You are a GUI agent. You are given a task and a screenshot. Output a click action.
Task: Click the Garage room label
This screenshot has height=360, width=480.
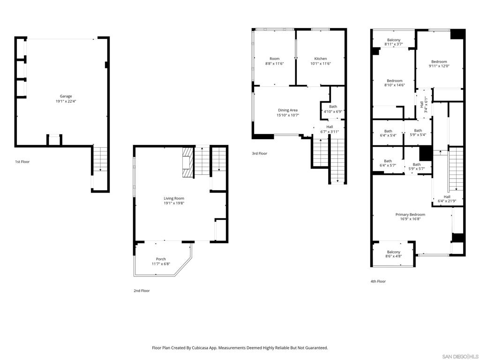click(x=66, y=96)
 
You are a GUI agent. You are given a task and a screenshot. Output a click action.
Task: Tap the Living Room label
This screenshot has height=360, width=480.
click(x=174, y=198)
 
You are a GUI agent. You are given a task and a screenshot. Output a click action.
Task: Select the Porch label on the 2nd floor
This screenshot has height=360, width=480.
click(x=161, y=259)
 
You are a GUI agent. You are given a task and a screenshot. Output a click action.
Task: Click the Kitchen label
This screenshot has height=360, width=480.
click(x=321, y=59)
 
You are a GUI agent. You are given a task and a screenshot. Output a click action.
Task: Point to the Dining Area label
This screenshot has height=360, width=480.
click(x=288, y=110)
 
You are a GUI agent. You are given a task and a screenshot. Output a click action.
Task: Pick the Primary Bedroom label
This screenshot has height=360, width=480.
click(x=410, y=215)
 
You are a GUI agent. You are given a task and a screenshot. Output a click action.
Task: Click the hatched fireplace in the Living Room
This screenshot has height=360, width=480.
click(x=188, y=162)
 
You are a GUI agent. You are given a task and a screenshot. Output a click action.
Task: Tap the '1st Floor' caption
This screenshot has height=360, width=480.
click(x=22, y=162)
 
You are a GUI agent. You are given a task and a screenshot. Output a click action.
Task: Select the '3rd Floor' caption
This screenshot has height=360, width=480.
click(x=260, y=153)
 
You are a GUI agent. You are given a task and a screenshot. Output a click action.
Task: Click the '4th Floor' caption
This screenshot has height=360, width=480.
click(x=378, y=281)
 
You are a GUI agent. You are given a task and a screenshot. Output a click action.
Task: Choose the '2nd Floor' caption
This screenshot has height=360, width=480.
click(x=142, y=291)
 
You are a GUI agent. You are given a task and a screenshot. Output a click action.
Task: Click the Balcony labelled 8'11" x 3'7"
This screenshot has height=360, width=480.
click(x=394, y=42)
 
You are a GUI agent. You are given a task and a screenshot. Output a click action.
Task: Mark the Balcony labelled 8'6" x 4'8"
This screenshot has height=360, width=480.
click(x=394, y=254)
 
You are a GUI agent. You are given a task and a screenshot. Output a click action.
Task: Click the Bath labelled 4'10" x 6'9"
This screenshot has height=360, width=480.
click(x=333, y=109)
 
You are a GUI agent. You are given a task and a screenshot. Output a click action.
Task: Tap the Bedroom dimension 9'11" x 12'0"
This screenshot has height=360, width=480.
click(x=439, y=66)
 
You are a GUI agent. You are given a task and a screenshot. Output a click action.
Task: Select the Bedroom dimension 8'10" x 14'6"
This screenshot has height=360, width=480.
click(x=395, y=85)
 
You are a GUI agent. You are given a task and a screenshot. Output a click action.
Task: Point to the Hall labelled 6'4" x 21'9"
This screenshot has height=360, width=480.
click(x=447, y=199)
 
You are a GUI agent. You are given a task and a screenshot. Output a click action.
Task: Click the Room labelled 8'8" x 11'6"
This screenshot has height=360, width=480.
click(x=275, y=61)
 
